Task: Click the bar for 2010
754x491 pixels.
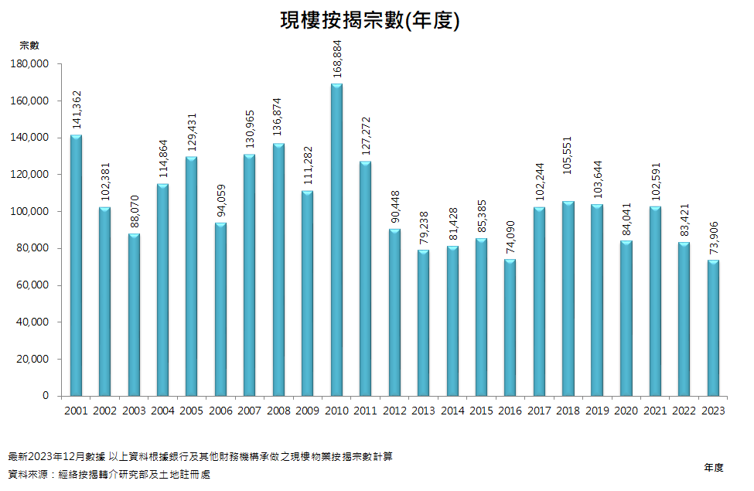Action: pos(336,240)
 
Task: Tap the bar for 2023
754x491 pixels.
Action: pos(713,328)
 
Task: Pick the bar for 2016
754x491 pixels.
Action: pos(510,328)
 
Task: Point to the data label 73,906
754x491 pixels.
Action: pos(713,235)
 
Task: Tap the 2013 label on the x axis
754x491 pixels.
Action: pos(424,411)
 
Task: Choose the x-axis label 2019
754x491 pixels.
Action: pos(597,411)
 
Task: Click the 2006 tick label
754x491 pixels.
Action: pos(220,411)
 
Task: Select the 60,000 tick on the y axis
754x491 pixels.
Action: pos(35,285)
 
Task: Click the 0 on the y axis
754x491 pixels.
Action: pos(46,396)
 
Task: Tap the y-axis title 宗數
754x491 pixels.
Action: pos(29,45)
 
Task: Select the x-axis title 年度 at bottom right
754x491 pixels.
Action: pos(714,467)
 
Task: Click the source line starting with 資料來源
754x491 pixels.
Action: pos(108,475)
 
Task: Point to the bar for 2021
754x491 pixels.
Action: pos(655,301)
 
